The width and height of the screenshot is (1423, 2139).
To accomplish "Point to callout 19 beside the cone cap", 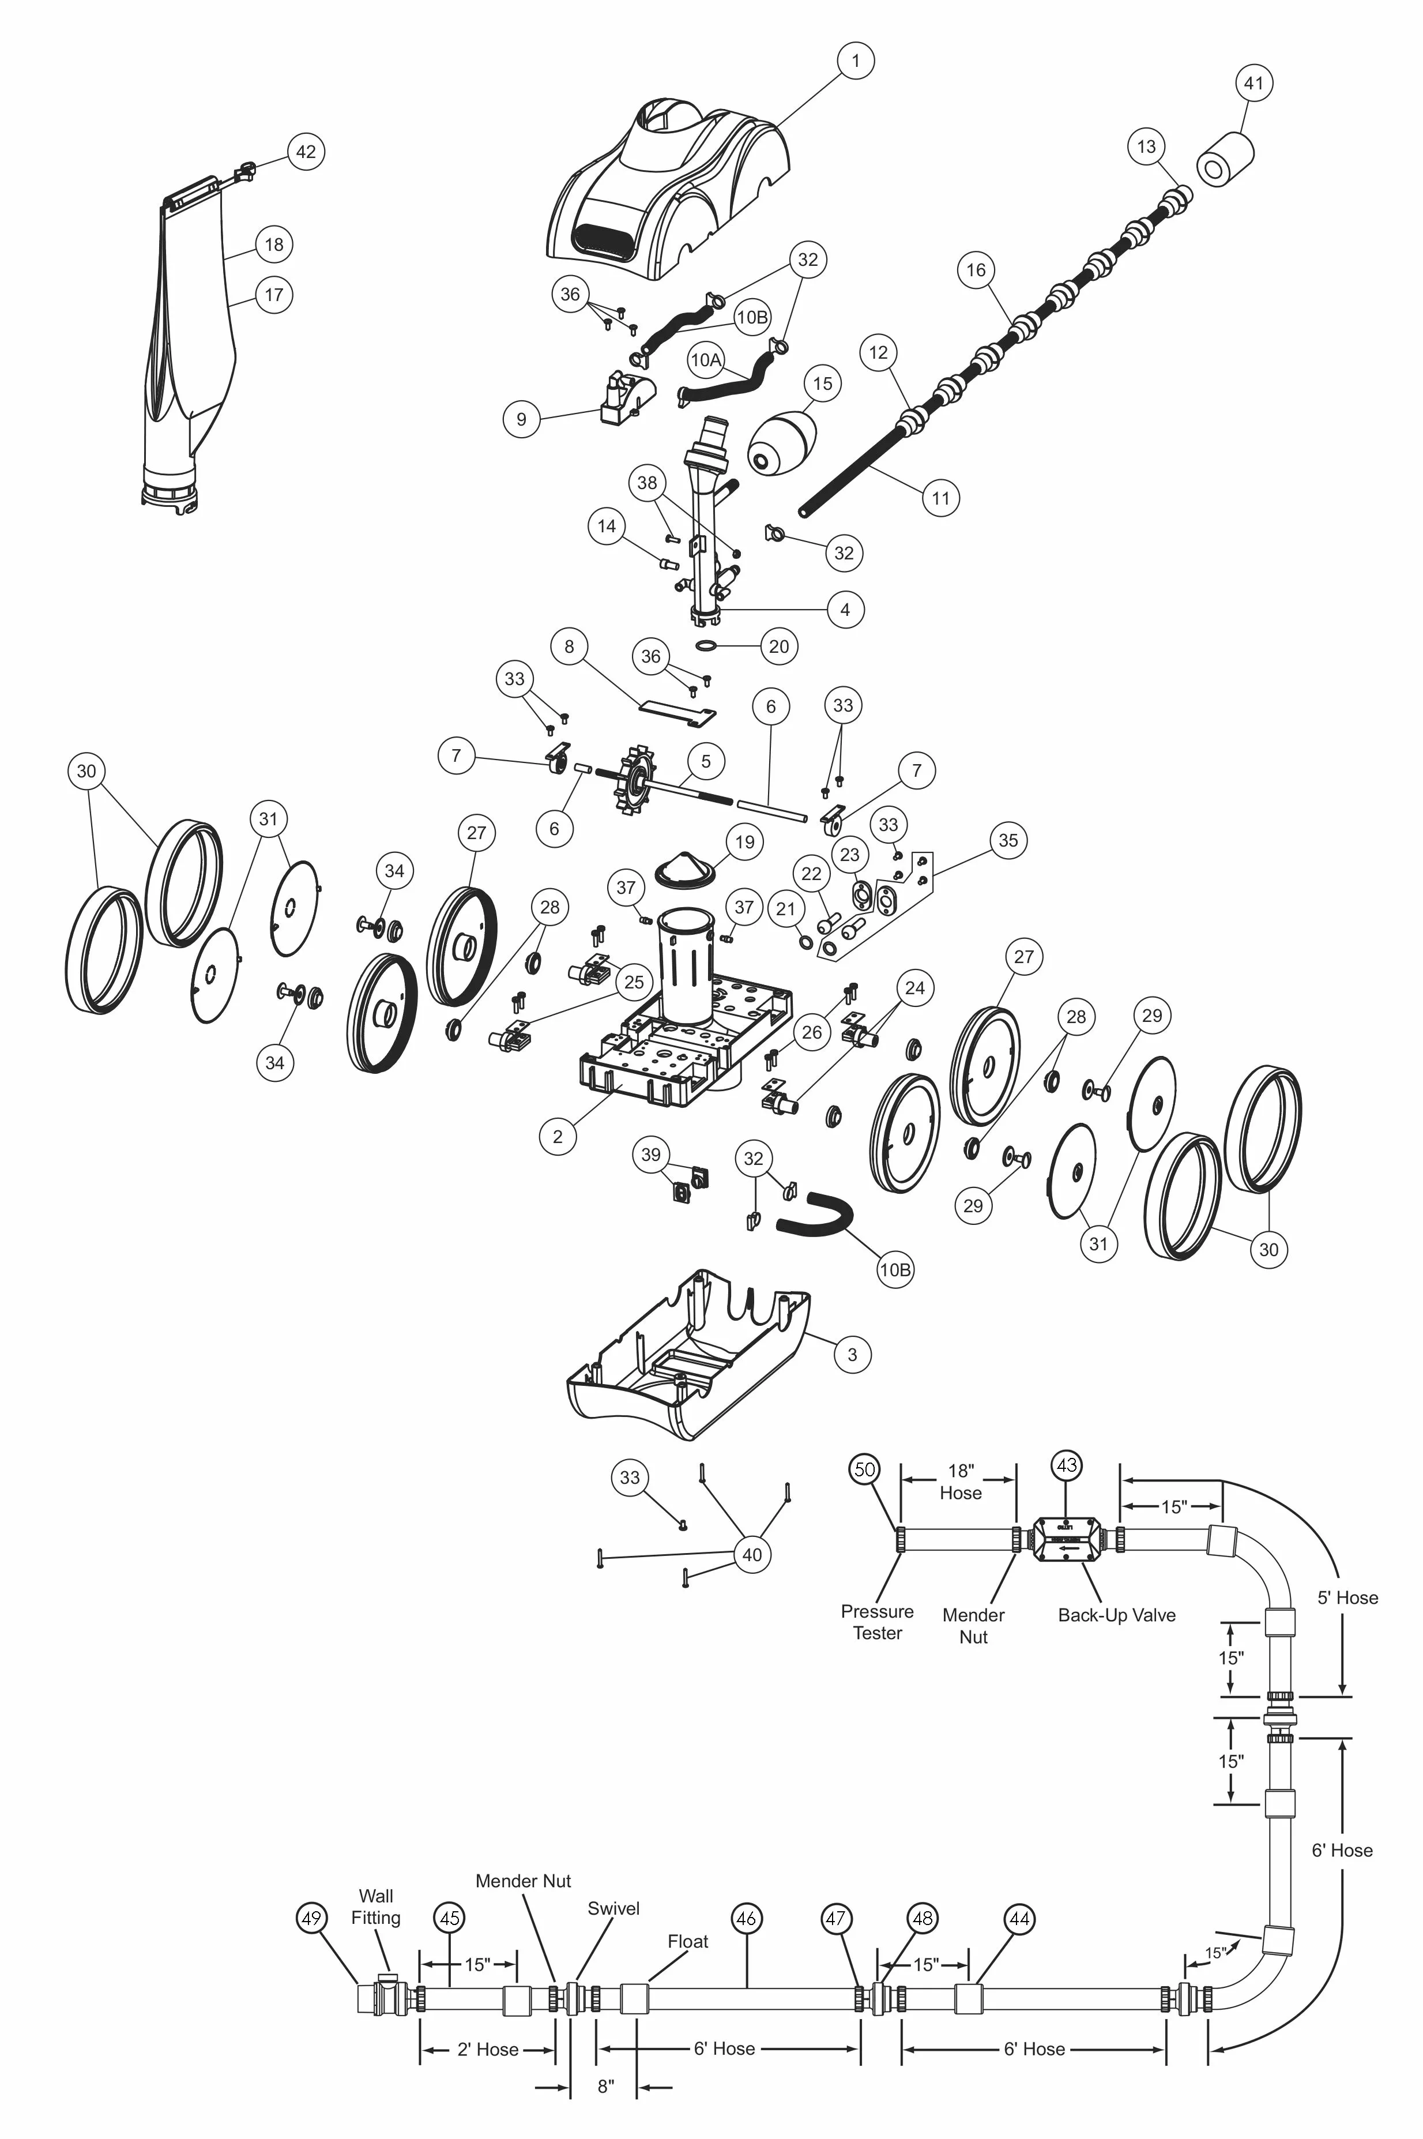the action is (x=744, y=841).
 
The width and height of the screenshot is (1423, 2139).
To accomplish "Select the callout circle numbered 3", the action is (x=851, y=1354).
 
